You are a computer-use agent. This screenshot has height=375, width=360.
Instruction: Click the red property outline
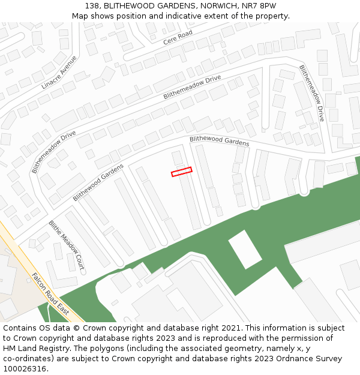pyautogui.click(x=182, y=172)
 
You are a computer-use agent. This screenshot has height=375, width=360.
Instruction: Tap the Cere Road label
pyautogui.click(x=178, y=37)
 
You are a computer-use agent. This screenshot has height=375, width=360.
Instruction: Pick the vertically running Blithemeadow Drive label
pyautogui.click(x=311, y=93)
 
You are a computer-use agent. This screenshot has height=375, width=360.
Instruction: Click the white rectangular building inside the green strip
pyautogui.click(x=245, y=249)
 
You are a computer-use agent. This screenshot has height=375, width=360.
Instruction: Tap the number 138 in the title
pyautogui.click(x=86, y=5)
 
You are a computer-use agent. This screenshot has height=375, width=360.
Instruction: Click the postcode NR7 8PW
pyautogui.click(x=259, y=5)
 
